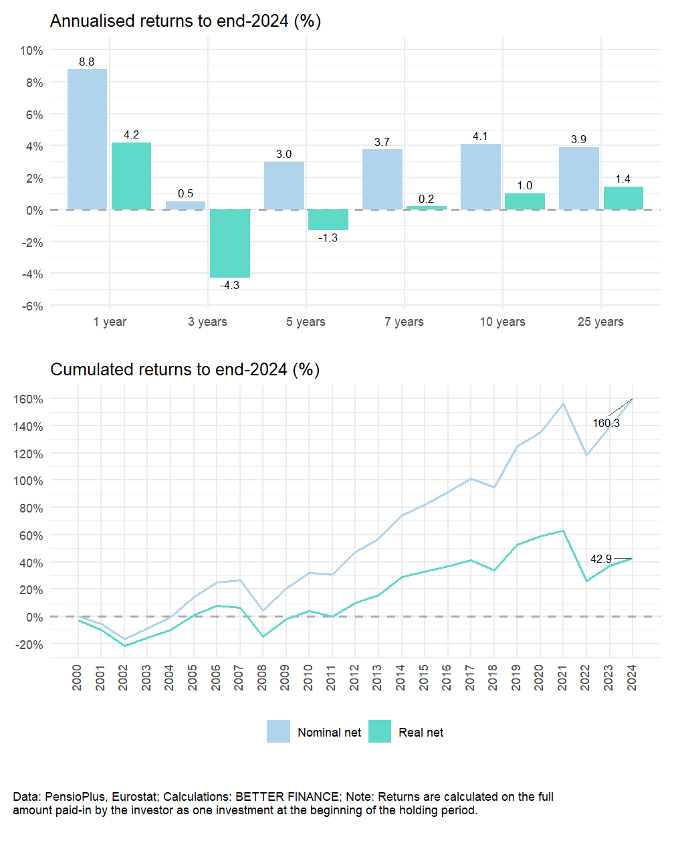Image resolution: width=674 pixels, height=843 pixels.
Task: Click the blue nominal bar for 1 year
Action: tap(87, 139)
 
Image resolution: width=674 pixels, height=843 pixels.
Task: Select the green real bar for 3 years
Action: tap(230, 244)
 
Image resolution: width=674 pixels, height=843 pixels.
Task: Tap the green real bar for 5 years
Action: tap(328, 219)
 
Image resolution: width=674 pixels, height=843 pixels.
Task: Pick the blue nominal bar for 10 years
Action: tap(480, 177)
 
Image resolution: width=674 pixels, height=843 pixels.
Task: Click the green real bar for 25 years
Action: tap(623, 198)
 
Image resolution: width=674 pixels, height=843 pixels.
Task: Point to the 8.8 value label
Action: tap(87, 62)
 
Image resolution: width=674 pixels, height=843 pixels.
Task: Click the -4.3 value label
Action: tap(230, 285)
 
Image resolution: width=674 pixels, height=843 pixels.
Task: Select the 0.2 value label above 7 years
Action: tap(427, 199)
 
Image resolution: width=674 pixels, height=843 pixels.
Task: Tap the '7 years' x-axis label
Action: tap(404, 322)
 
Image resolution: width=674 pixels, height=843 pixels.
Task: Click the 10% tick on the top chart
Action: tap(31, 51)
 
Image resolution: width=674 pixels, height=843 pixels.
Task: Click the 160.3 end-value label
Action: tap(606, 423)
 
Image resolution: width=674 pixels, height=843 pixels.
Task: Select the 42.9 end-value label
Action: tap(600, 559)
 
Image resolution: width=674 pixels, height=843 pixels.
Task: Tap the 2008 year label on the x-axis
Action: tap(262, 677)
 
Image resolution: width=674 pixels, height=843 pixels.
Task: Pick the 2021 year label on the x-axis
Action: tap(562, 677)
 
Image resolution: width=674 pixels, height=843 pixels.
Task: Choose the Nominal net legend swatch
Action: tap(278, 732)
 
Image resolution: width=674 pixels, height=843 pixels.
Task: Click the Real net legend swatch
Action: tap(380, 732)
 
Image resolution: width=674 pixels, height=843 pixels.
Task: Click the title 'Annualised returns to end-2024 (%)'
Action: tap(185, 21)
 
